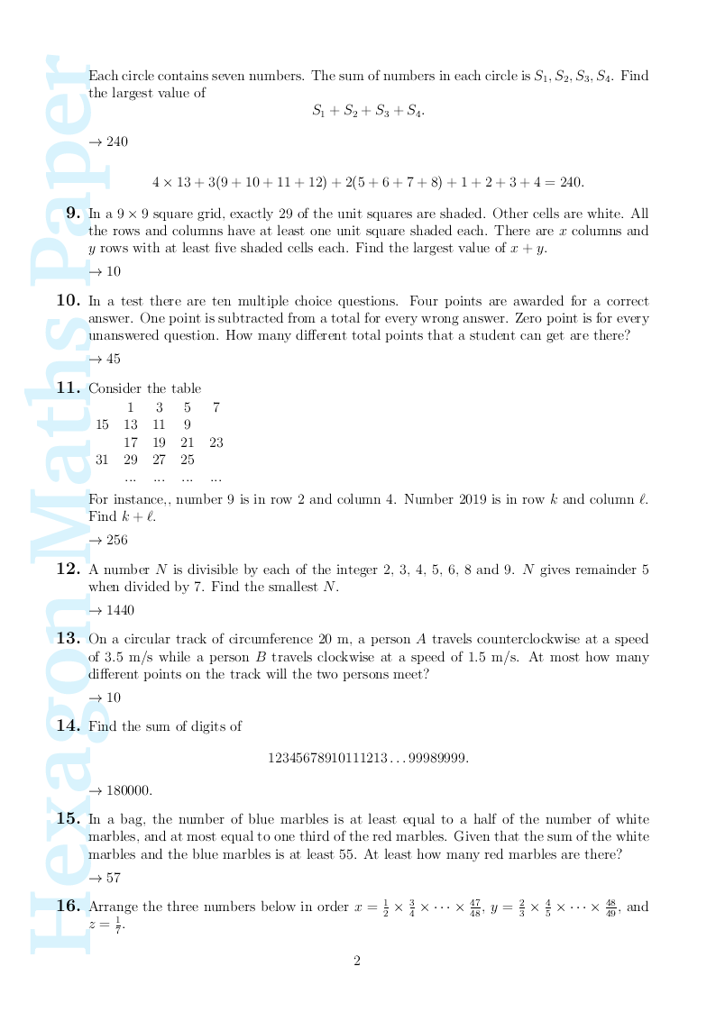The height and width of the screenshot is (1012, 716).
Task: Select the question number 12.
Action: coord(69,570)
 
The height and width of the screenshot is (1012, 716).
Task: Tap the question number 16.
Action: coord(69,907)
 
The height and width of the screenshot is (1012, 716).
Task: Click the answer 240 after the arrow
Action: coord(117,141)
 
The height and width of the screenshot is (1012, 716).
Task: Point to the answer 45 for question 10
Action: coord(114,359)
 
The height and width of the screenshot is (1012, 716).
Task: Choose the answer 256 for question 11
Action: coord(117,541)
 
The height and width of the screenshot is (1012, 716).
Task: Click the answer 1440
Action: coord(120,611)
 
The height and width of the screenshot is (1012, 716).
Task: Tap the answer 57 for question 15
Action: coord(114,878)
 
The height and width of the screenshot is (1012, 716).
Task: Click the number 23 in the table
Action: coord(216,442)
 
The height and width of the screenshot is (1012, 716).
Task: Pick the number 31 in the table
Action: coord(102,460)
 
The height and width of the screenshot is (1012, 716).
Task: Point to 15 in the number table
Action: coord(102,425)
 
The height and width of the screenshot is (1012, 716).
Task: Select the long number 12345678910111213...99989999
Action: coord(368,759)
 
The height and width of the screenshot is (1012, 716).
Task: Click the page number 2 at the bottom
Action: coord(357,962)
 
